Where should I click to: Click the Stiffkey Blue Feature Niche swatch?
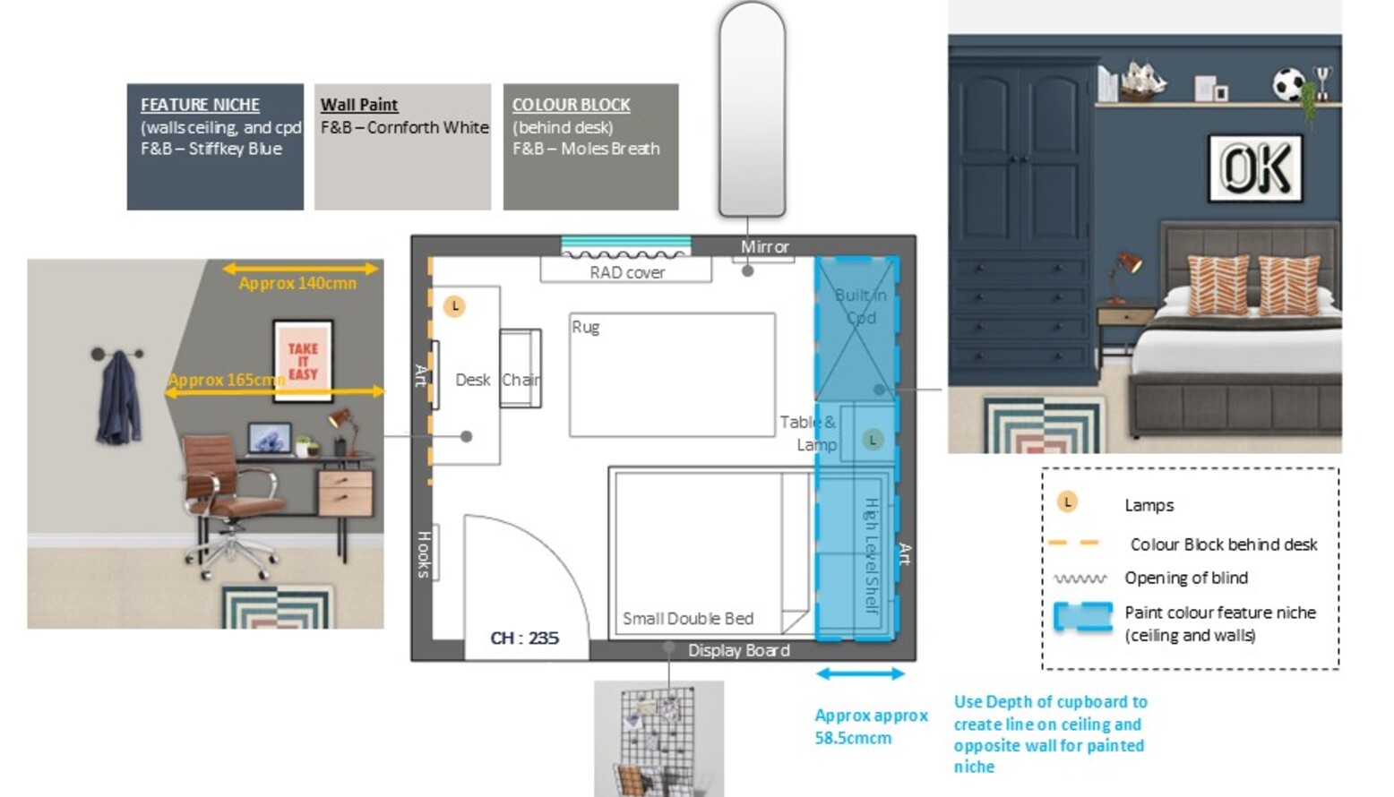click(x=215, y=147)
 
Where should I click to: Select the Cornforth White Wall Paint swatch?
click(x=402, y=147)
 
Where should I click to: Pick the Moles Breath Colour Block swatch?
click(x=590, y=147)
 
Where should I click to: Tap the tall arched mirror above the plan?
click(x=752, y=109)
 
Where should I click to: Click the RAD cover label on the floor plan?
click(x=626, y=272)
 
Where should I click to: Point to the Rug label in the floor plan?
click(x=585, y=327)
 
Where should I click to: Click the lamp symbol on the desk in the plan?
click(x=455, y=306)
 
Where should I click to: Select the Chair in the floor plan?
click(x=520, y=380)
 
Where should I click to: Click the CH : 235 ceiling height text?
click(x=524, y=638)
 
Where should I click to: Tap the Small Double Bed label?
click(x=687, y=618)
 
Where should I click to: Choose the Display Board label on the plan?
click(x=738, y=650)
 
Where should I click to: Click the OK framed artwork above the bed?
click(x=1255, y=167)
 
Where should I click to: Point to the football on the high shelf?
click(x=1288, y=85)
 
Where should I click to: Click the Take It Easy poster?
click(x=303, y=361)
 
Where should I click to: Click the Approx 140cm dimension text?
click(x=297, y=283)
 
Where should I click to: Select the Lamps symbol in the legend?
click(x=1067, y=502)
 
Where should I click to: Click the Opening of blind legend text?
click(x=1185, y=578)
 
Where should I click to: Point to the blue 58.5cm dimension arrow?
click(x=860, y=673)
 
